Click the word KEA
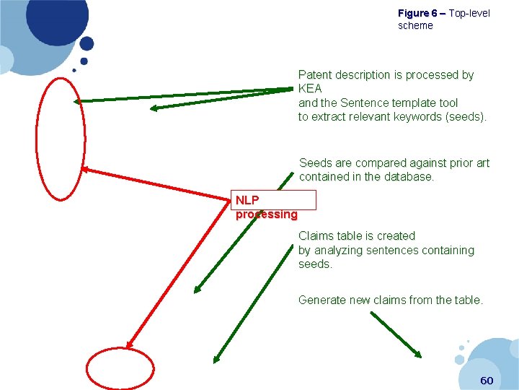310,89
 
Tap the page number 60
487,380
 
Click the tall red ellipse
61,138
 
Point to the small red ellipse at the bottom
120,369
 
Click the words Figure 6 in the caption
417,14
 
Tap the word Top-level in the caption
469,14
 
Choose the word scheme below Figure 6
416,26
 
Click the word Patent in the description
316,75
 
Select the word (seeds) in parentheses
465,116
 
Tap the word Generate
322,300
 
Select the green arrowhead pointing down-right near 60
417,352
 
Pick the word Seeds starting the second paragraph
316,163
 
